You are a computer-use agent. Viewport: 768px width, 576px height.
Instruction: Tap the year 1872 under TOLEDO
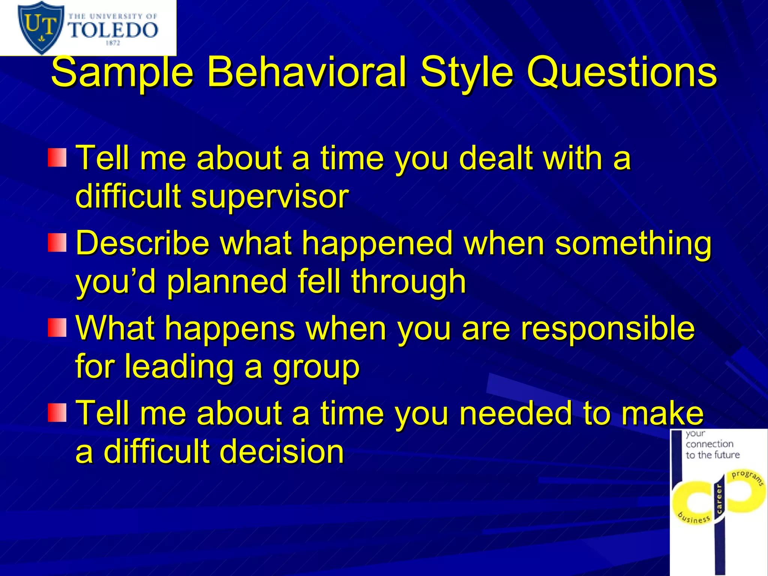[113, 43]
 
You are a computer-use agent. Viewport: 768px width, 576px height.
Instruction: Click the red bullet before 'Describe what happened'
[57, 243]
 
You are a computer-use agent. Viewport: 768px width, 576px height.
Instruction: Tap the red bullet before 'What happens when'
[57, 327]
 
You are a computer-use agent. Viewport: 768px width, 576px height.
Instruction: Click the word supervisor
[270, 196]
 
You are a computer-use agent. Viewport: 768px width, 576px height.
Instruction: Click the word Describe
[142, 243]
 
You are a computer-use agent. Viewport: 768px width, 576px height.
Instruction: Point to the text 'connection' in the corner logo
[709, 444]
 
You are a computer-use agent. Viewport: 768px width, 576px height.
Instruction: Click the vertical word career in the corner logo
[719, 499]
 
